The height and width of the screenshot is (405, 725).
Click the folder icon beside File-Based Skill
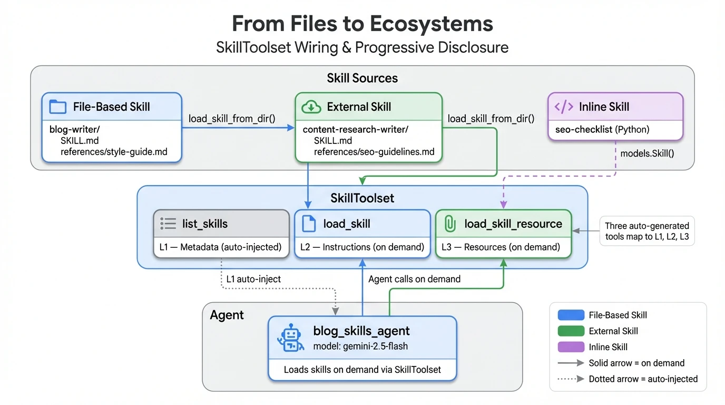point(57,107)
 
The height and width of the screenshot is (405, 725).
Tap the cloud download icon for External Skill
point(311,107)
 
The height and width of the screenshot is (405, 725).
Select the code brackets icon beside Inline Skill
point(564,107)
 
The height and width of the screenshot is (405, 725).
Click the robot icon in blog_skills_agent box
point(290,338)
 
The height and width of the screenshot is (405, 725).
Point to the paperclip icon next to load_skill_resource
point(449,224)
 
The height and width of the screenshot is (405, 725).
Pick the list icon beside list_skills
point(168,224)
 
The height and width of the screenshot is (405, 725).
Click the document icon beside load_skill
point(309,224)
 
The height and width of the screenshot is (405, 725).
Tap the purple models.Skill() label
point(647,153)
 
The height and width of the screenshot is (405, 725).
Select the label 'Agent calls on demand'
point(414,279)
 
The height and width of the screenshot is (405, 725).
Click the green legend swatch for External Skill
point(571,331)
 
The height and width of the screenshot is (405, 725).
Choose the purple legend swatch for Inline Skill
point(571,347)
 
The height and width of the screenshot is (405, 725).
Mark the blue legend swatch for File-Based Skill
point(571,315)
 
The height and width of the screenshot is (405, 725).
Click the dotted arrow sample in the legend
point(571,379)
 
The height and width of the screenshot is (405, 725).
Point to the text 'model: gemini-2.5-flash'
point(360,346)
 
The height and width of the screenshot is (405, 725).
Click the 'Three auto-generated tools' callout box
point(647,231)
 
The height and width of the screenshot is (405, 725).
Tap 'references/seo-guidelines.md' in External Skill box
point(374,152)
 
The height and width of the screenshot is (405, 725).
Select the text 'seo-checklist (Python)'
point(602,129)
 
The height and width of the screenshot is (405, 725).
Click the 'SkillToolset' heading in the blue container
point(362,198)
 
